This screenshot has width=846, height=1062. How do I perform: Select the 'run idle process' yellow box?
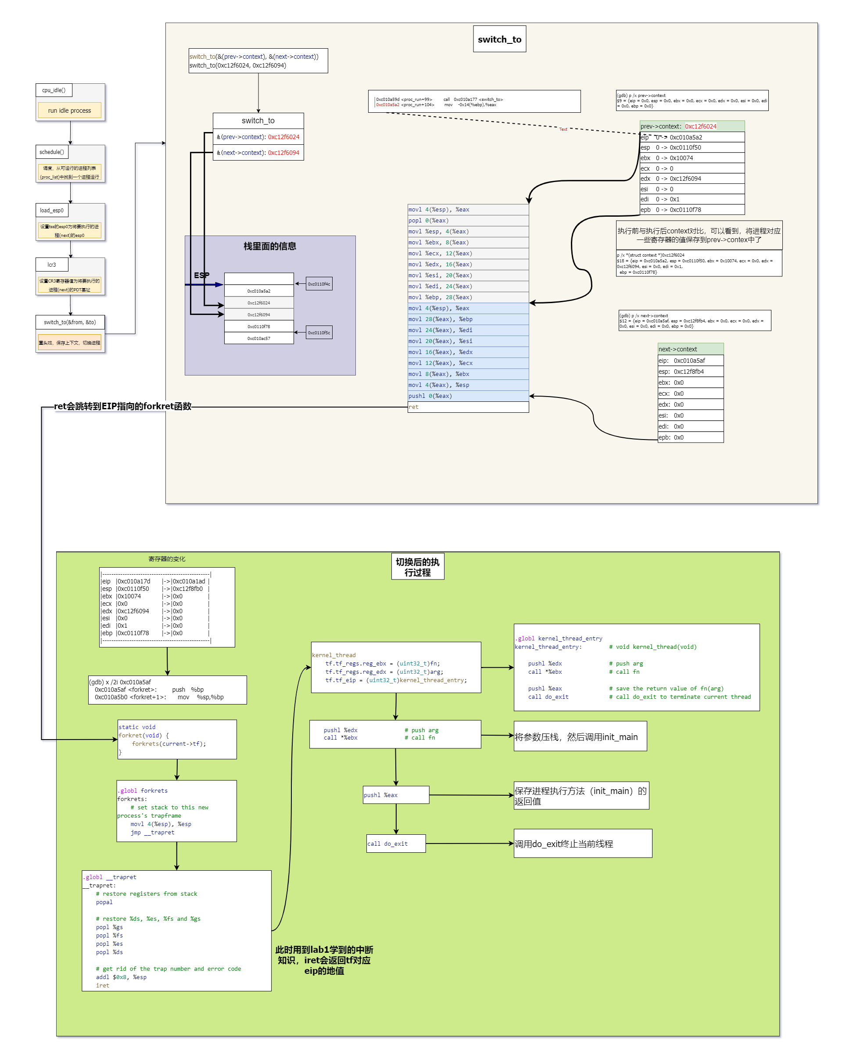[x=69, y=111]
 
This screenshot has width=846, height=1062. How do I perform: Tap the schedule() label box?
[x=52, y=152]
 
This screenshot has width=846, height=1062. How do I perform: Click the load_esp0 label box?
[x=52, y=210]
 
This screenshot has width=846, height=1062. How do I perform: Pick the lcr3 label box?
[x=52, y=265]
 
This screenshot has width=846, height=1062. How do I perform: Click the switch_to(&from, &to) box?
[x=70, y=322]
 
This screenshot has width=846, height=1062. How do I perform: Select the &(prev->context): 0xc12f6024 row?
[x=258, y=137]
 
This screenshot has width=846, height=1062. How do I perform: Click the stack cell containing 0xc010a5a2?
[x=259, y=291]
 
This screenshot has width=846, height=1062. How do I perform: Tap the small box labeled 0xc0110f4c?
[x=319, y=284]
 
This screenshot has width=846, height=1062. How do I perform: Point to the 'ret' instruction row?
[x=468, y=407]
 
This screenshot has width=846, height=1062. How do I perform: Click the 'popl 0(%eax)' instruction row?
[x=468, y=221]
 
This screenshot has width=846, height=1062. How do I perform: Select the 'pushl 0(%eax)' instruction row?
[x=468, y=396]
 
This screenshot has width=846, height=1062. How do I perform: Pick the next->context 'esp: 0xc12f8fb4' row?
[x=690, y=372]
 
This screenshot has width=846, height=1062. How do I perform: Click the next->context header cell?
[x=690, y=349]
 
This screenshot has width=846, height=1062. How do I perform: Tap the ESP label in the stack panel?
[x=201, y=275]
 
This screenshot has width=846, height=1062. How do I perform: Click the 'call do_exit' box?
[x=396, y=843]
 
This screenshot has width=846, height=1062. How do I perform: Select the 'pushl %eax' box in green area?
[x=396, y=794]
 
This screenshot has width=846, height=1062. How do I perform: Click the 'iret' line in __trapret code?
[x=103, y=985]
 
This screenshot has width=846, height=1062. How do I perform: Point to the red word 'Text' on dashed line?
[x=563, y=129]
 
